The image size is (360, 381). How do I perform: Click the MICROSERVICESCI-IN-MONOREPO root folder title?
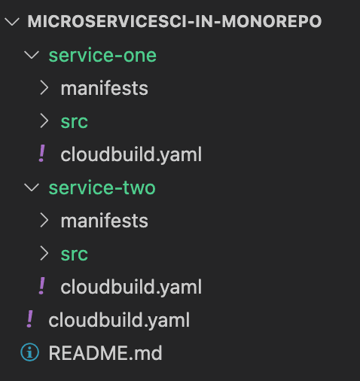point(175,21)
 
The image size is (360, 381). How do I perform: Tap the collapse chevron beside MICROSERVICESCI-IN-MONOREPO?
point(12,22)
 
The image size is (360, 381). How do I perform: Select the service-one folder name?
point(102,55)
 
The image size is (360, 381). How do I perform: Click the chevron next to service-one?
point(32,55)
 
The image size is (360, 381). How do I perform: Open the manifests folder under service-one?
point(105,88)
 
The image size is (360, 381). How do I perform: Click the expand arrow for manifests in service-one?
point(44,88)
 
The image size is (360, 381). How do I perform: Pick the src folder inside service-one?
point(75,122)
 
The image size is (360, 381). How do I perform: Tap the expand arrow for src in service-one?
point(44,121)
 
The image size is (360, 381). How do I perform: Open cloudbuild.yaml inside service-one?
point(131,154)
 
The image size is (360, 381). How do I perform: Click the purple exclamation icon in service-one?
point(41,154)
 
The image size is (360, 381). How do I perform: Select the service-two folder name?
point(102,187)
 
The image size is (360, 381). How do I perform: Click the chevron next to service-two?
point(32,187)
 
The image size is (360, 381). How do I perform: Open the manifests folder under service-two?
point(105,221)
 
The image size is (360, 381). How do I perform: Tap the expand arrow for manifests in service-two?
point(44,221)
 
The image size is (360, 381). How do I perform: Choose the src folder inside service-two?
point(75,255)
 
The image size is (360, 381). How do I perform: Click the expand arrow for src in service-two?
point(44,254)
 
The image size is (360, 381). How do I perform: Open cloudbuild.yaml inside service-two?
point(131,287)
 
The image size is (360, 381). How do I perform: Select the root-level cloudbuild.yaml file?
point(119,320)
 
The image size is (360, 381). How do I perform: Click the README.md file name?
point(105,353)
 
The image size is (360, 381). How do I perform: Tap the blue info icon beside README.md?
point(29,352)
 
